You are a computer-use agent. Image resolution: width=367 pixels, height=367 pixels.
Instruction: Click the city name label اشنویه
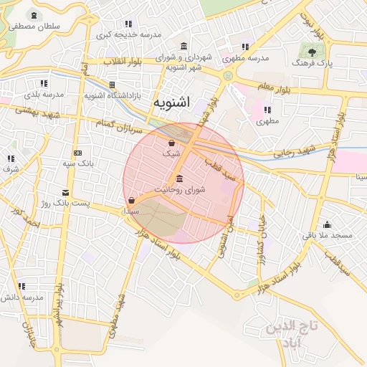tap(171, 103)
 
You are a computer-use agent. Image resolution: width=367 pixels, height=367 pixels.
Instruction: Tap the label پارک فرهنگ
tap(311, 64)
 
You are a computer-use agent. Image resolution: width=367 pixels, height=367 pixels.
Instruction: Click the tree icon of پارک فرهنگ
tap(311, 52)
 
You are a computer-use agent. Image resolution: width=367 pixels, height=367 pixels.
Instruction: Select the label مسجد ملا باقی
tap(331, 235)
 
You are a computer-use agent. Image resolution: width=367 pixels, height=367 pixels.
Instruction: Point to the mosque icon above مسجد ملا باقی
tap(328, 224)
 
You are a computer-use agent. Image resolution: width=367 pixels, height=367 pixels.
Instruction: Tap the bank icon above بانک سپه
tap(77, 153)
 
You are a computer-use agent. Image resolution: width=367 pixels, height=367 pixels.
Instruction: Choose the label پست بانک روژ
tap(66, 204)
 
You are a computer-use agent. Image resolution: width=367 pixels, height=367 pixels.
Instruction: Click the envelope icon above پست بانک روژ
tap(66, 193)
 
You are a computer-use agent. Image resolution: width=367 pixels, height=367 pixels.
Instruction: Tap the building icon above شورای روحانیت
tap(178, 178)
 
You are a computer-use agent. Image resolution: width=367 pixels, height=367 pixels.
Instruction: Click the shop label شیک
tap(171, 153)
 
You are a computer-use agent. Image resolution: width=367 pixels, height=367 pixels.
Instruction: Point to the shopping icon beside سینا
tap(130, 201)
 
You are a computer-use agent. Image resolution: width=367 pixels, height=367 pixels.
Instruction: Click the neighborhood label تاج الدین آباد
tap(291, 335)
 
